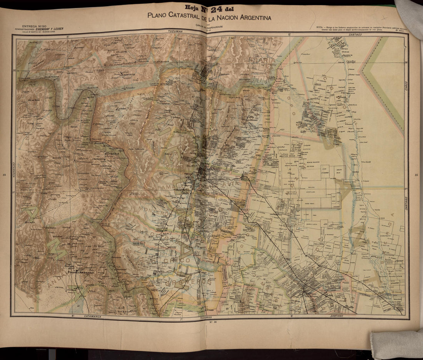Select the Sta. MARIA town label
tap(111, 154)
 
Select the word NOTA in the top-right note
tap(319, 27)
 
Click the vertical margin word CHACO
tap(407, 86)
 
